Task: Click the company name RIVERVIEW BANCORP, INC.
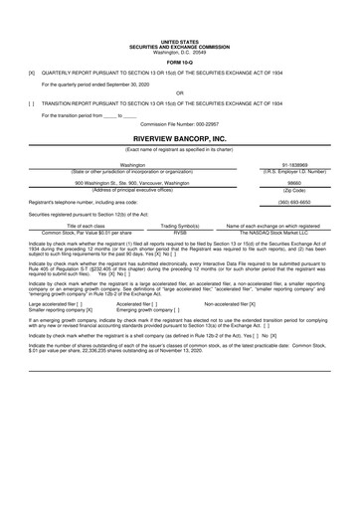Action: coord(180,138)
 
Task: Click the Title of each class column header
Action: coord(86,226)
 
